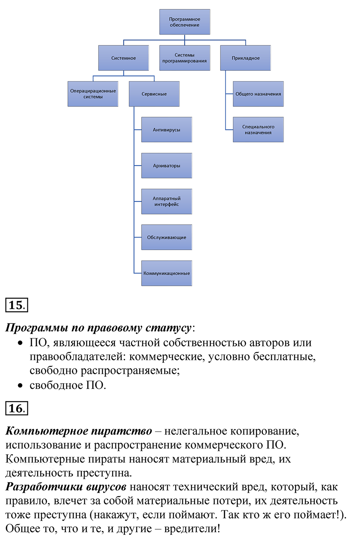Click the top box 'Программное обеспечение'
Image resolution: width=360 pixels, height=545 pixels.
coord(184,22)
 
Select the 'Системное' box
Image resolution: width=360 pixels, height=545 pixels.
coord(123,58)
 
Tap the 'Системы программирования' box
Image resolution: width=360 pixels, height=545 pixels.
coord(184,58)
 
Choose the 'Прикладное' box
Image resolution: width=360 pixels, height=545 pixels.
coord(246,58)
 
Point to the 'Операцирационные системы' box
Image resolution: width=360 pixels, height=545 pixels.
coord(93,94)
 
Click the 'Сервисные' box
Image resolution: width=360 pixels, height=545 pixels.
coord(154,94)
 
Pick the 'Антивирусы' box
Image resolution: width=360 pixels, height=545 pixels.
coord(166,130)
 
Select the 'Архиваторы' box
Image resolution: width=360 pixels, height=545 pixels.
coord(166,166)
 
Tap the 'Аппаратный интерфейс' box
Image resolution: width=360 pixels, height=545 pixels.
coord(166,202)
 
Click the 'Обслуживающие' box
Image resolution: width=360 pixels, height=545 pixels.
coord(166,237)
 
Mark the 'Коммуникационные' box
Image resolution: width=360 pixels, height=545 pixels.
coord(166,273)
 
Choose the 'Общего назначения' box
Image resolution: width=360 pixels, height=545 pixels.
coord(258,94)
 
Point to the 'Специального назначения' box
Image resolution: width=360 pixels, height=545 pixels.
coord(258,130)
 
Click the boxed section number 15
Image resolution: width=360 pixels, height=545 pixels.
coord(16,305)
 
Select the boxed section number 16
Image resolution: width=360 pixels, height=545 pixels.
coord(16,408)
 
